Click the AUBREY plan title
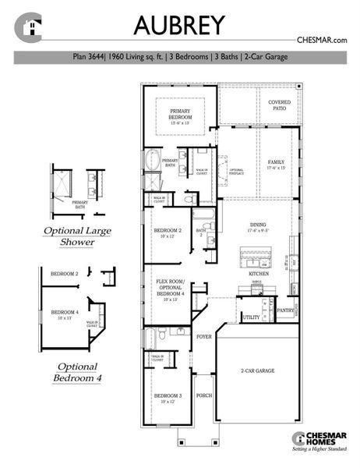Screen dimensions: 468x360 coord(179,26)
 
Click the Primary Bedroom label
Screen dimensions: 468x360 coord(181,115)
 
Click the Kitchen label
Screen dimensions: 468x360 coord(259,275)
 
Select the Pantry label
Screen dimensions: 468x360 coord(286,310)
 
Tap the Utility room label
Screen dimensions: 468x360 coord(251,317)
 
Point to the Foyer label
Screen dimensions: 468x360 coord(204,337)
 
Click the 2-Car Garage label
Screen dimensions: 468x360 coord(259,372)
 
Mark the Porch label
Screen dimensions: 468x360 coord(204,395)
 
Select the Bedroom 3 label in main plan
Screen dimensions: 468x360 coord(168,398)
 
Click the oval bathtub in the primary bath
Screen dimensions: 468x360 coord(152,162)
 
